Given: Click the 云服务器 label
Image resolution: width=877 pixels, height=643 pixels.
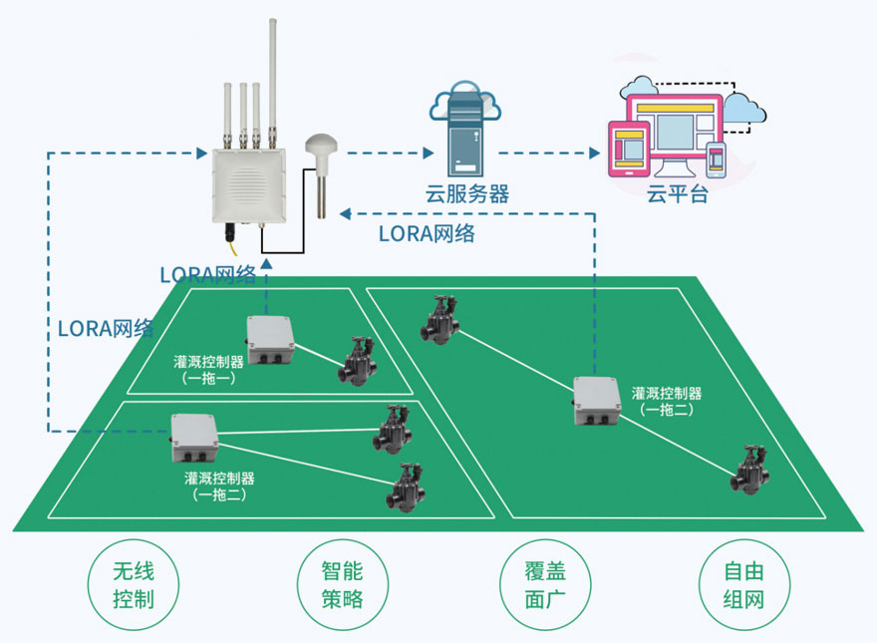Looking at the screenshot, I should click(x=463, y=194).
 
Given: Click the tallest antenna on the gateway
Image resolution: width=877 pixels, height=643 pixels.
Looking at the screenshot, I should click(x=272, y=80).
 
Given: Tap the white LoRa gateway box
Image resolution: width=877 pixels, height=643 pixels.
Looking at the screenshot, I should click(x=246, y=185).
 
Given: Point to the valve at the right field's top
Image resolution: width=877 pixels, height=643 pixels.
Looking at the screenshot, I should click(x=438, y=320).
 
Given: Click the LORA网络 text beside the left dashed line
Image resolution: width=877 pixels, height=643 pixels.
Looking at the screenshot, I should click(x=105, y=328).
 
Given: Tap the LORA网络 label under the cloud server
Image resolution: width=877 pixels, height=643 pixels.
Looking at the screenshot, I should click(x=427, y=235).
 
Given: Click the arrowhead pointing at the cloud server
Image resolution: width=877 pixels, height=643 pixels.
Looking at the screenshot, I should click(x=429, y=154).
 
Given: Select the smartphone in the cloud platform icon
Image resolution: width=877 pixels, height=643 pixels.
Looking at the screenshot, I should click(x=716, y=160).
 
